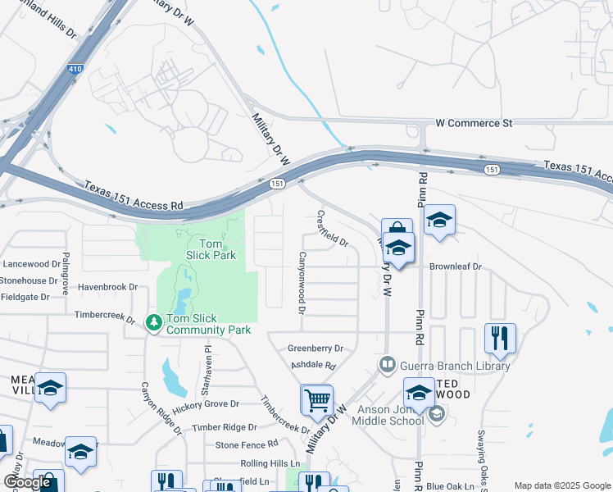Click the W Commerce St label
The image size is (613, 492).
coord(474,123)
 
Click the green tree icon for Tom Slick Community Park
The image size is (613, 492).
coord(153,323)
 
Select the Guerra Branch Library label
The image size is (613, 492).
coord(454,365)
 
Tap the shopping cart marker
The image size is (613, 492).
coord(317,400)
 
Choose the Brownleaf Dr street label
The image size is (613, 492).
coord(456,266)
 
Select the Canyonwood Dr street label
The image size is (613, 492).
coord(302,283)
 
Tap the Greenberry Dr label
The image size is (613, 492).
coord(315,348)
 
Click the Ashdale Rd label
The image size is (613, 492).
coord(312,365)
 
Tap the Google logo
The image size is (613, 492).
coord(27,482)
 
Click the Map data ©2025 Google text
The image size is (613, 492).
coord(561,485)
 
